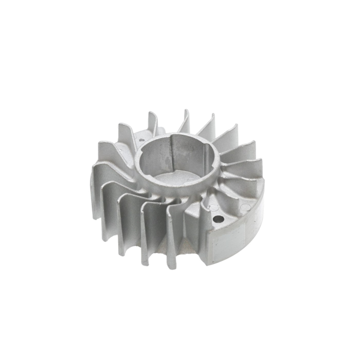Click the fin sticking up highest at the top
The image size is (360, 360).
click(x=185, y=120)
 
